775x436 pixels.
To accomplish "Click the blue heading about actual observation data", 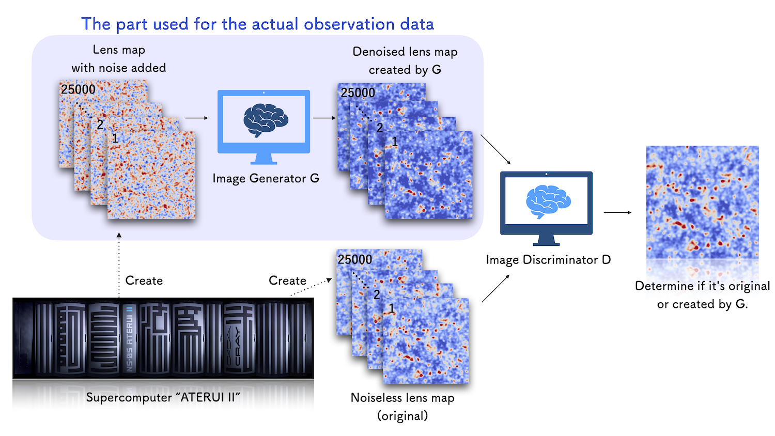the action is click(257, 24).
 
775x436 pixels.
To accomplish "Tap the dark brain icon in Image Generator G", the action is click(266, 120).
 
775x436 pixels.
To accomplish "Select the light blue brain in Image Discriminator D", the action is click(548, 202).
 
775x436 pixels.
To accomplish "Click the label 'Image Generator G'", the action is click(266, 179).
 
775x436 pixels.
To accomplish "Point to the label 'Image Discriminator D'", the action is click(548, 260).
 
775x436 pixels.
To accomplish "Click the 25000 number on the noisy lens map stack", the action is click(78, 89).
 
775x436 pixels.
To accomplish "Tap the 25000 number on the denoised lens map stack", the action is click(358, 93).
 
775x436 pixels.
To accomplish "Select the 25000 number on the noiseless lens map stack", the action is click(355, 259).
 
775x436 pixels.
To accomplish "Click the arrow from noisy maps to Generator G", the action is click(196, 118).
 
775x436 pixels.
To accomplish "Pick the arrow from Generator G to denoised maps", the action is click(324, 118).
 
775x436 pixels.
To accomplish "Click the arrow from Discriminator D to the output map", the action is click(617, 212).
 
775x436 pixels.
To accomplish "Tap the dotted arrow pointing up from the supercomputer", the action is click(119, 265).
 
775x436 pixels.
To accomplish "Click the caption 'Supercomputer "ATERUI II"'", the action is click(163, 397).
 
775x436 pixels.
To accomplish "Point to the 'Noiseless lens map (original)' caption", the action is click(402, 407).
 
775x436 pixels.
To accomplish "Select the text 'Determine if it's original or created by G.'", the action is click(702, 295).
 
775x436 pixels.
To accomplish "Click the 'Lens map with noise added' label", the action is click(119, 58).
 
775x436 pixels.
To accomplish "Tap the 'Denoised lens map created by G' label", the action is click(405, 60).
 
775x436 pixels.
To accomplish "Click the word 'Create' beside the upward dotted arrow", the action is click(144, 281).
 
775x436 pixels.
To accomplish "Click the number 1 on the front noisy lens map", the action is click(115, 139).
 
